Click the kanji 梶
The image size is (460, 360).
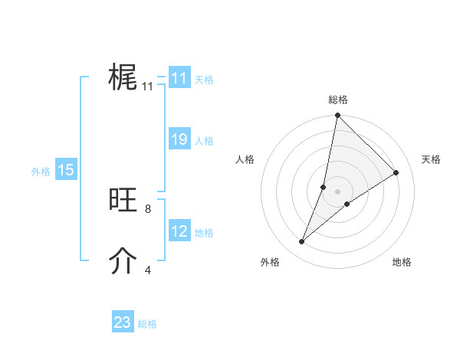tap(123, 78)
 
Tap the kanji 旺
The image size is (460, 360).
tap(123, 201)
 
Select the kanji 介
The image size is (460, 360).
tap(123, 261)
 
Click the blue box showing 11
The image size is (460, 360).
tap(179, 78)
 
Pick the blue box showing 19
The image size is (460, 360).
tap(179, 139)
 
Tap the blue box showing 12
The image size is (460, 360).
tap(179, 231)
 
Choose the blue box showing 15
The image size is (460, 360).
tap(66, 170)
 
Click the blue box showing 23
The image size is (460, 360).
tap(123, 322)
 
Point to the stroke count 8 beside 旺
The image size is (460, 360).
tap(148, 208)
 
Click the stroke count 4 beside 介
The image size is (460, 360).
tap(148, 270)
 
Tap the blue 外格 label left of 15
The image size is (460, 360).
tap(41, 172)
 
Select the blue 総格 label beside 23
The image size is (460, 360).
tap(147, 324)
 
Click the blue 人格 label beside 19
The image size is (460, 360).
tap(204, 141)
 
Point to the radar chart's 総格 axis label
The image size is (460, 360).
tap(338, 100)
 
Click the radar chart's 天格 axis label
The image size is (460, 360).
tap(431, 159)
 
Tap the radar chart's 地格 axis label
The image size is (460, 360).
tap(402, 262)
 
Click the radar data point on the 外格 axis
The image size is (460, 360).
tap(302, 242)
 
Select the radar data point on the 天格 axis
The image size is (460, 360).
tap(396, 173)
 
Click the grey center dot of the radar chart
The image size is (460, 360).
tap(338, 191)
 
